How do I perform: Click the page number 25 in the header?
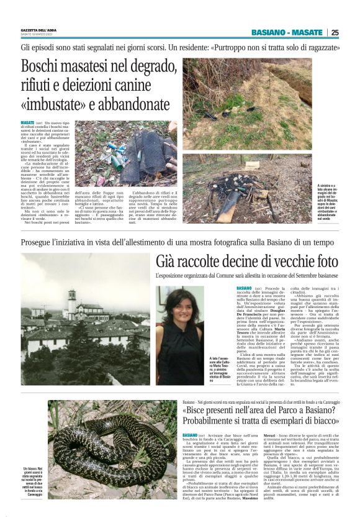(335, 33)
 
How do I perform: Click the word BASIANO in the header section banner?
(269, 33)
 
